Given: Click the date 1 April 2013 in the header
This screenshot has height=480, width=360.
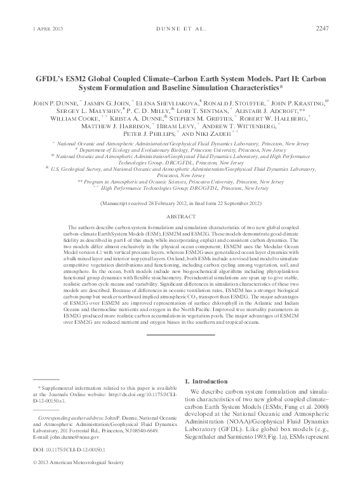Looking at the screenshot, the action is click(48, 28).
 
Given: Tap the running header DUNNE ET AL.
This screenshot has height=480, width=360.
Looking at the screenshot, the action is click(180, 28).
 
